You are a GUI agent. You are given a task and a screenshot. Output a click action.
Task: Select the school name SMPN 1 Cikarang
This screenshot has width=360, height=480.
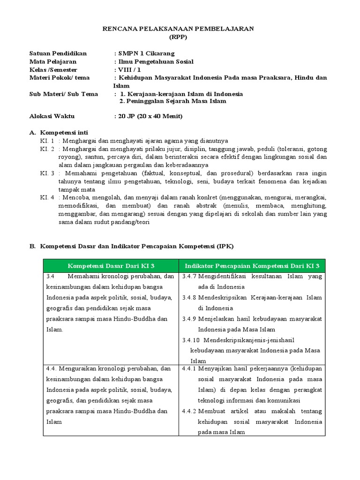(146, 53)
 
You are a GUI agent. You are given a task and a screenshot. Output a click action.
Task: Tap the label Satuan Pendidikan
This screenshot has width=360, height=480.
(58, 53)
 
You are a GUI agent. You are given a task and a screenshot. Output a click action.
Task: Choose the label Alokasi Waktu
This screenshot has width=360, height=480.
(52, 116)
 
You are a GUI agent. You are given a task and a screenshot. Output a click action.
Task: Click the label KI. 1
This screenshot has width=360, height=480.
(47, 141)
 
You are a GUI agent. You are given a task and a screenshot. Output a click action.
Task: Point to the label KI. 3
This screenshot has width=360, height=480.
(47, 173)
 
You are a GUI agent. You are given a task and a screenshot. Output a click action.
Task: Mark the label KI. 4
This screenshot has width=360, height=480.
(47, 197)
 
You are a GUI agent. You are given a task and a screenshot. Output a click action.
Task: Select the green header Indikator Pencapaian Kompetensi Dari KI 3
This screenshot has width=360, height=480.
(252, 266)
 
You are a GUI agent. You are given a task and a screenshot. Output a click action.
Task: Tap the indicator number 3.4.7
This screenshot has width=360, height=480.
(189, 277)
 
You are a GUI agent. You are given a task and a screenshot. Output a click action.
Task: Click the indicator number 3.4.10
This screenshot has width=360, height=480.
(191, 340)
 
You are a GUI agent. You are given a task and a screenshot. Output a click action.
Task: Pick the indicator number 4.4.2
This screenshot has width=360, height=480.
(189, 411)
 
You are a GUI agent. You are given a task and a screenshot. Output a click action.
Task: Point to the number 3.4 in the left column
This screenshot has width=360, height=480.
(51, 277)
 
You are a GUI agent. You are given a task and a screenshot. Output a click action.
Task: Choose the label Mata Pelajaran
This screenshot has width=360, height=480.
(52, 61)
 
